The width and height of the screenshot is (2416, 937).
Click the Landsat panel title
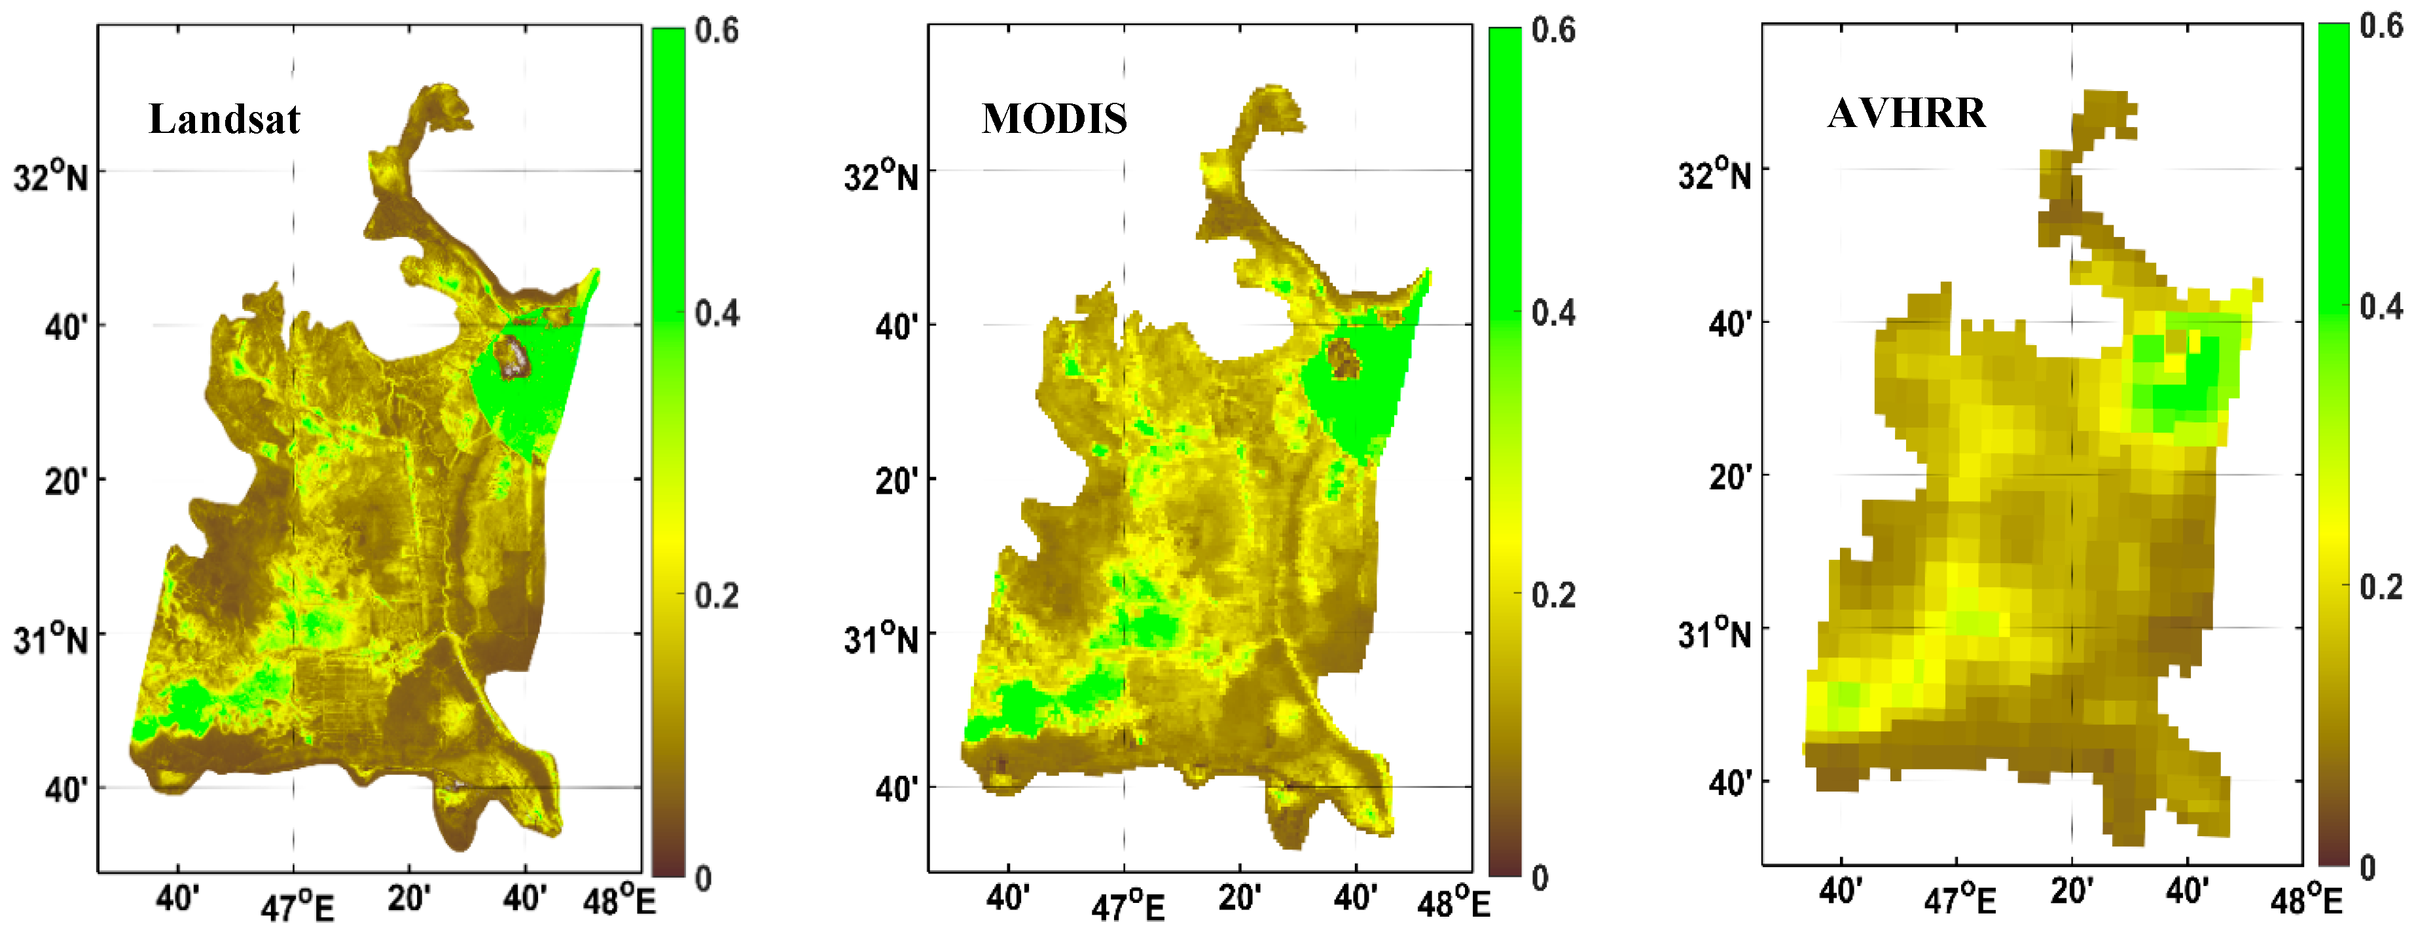224,119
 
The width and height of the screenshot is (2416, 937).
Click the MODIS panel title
1055,119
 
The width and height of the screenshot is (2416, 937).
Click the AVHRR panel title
1907,113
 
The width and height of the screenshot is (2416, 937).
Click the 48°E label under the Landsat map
619,902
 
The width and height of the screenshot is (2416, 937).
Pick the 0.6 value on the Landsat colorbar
717,30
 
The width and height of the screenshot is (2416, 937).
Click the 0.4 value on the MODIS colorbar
1553,313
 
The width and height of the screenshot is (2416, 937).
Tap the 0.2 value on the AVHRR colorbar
2381,588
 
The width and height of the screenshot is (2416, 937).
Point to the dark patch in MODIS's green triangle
1343,358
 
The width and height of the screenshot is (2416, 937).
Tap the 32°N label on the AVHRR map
1714,174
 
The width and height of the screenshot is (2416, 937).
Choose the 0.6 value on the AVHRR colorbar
2381,26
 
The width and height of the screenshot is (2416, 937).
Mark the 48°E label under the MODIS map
1454,903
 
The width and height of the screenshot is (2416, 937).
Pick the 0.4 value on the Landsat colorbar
717,313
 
